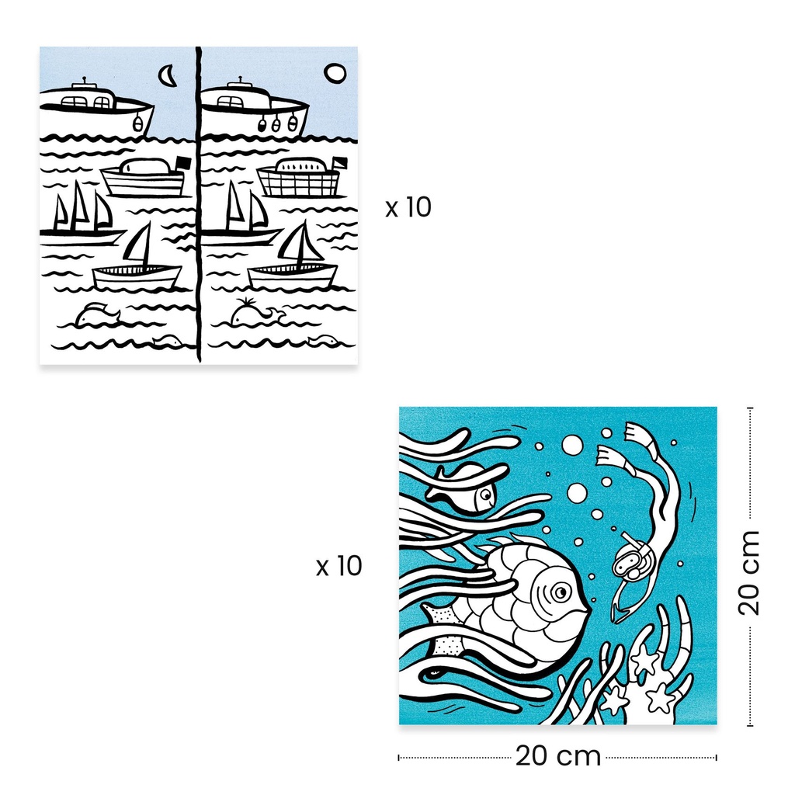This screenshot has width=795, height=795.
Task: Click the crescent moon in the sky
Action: (x=167, y=75)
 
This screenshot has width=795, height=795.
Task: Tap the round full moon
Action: (x=335, y=73)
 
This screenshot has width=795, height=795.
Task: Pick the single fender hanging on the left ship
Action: (x=138, y=122)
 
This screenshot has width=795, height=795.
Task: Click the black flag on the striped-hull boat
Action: (x=182, y=163)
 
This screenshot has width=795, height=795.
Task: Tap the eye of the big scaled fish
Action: (x=560, y=592)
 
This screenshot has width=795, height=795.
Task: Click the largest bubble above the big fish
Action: (x=572, y=445)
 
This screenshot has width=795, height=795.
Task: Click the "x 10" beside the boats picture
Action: (x=408, y=208)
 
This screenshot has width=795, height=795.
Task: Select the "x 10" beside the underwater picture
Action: (x=338, y=567)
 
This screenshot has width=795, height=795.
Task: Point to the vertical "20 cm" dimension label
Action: (x=748, y=572)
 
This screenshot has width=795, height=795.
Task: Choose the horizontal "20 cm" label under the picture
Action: (x=557, y=756)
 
